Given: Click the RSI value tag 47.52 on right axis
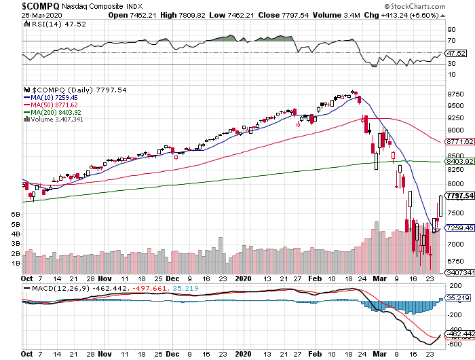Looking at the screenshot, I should click(x=455, y=53).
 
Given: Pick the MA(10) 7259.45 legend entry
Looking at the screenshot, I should click(x=57, y=97).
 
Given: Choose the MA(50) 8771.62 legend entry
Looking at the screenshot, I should click(x=57, y=105).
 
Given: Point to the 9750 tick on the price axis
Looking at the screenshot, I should click(x=454, y=94).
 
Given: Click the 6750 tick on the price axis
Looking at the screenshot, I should click(x=454, y=261).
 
